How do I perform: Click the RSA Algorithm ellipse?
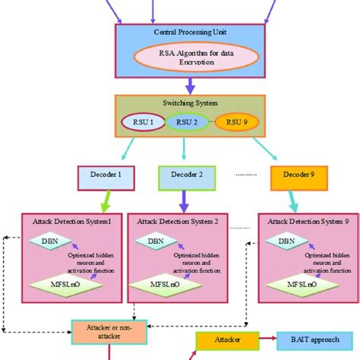coord(179,58)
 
